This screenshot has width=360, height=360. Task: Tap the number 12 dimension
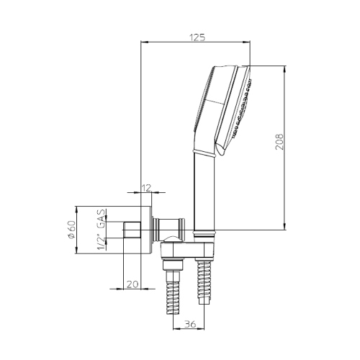pos(146,188)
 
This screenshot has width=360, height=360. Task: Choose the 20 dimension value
pos(132,284)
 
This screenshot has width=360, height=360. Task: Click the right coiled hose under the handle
pos(205,288)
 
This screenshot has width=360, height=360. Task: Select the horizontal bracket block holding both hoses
pos(189,250)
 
